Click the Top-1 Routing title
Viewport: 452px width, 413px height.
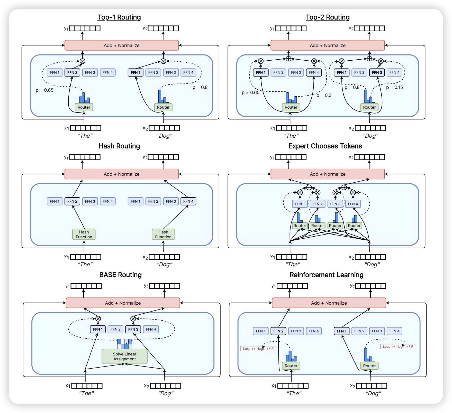pos(119,17)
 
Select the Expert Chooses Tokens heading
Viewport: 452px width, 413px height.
pos(325,146)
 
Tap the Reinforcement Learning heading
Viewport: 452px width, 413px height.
pos(326,275)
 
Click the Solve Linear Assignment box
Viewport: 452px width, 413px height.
pos(124,356)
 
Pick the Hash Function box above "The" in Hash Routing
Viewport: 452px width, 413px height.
pos(84,234)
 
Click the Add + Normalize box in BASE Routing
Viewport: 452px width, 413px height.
pos(123,303)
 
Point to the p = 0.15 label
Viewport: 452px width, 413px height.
pos(394,87)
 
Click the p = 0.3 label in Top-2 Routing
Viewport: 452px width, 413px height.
pos(324,95)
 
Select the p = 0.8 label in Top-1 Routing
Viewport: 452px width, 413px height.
pos(200,87)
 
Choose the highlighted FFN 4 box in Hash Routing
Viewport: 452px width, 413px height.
pos(188,201)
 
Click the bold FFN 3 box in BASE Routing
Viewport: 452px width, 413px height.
pos(133,329)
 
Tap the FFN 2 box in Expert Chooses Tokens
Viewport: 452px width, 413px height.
pos(318,204)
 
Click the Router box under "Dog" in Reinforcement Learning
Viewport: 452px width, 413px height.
pos(369,366)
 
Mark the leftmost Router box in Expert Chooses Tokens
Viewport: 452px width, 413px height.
pos(300,226)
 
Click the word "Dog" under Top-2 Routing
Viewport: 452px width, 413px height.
pos(370,136)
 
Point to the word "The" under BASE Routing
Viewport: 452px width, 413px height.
pos(86,393)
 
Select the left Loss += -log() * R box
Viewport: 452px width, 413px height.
pos(258,349)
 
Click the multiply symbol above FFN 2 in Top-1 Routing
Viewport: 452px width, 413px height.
pos(82,61)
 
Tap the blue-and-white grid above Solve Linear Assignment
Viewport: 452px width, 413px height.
pos(125,344)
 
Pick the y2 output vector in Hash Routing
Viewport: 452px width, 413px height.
pos(163,157)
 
